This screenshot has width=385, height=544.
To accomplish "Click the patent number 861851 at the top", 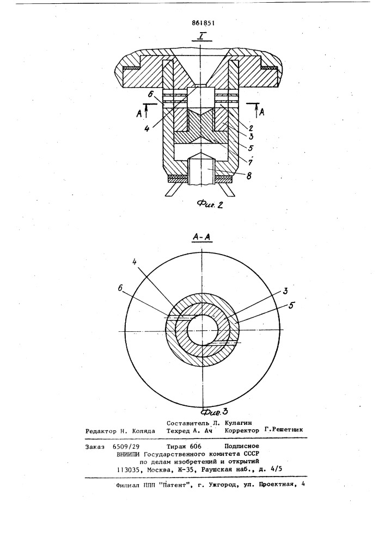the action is pos(203,23).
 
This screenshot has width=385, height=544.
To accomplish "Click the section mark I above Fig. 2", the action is pos(201,36).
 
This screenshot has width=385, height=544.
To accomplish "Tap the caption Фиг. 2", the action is pos(210,204).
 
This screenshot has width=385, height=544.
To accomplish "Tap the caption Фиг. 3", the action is pos(214,412).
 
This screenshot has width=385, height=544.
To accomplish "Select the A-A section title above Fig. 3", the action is pos(203,237).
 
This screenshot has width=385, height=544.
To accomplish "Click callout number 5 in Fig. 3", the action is pos(291,305).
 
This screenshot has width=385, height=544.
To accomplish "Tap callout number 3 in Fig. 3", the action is pos(285,290).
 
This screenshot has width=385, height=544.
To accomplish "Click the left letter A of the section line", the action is pos(138,114).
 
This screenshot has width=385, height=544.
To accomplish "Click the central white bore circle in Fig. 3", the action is pos(203,330).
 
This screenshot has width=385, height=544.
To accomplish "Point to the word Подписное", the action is pos(242,446).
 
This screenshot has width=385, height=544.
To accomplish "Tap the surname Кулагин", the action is pos(238,423).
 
